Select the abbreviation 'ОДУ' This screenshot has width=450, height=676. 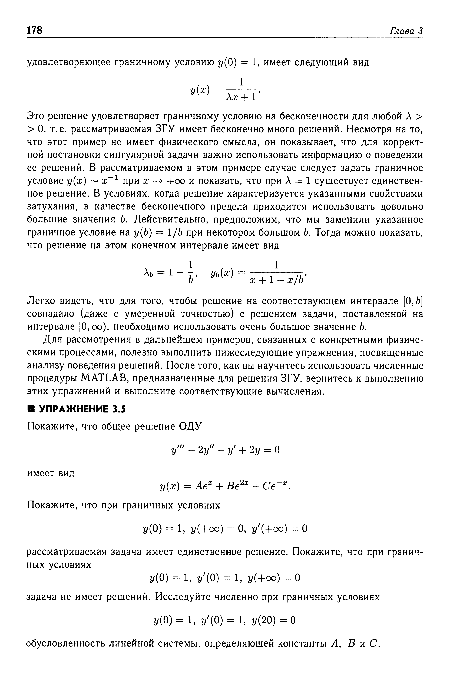coord(191,426)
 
